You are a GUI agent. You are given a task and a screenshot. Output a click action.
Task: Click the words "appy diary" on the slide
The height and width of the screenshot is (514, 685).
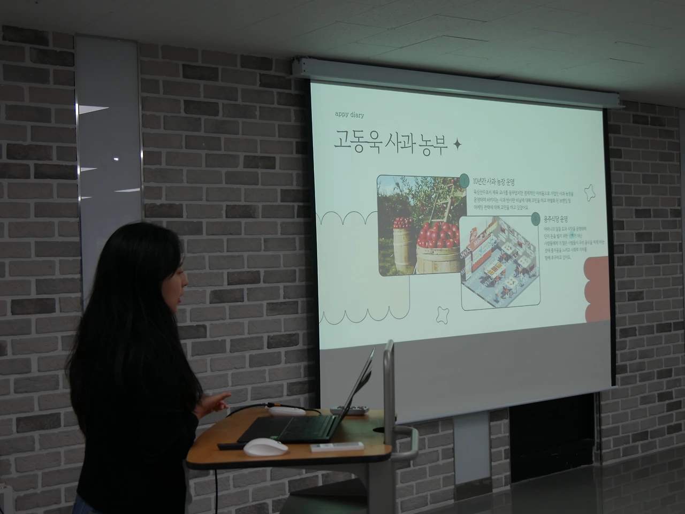click(x=349, y=114)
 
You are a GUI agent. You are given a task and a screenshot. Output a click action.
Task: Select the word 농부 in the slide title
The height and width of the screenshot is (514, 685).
click(x=430, y=144)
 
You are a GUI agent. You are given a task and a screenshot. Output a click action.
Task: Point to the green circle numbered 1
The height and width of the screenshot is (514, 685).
click(x=465, y=179)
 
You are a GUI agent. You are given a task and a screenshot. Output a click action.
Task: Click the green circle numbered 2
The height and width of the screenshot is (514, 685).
click(x=535, y=218)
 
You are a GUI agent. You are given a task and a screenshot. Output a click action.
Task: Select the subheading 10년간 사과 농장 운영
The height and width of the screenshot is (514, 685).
click(x=497, y=181)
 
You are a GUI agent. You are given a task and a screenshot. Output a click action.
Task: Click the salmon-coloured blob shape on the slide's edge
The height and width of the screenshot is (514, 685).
click(x=597, y=289)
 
